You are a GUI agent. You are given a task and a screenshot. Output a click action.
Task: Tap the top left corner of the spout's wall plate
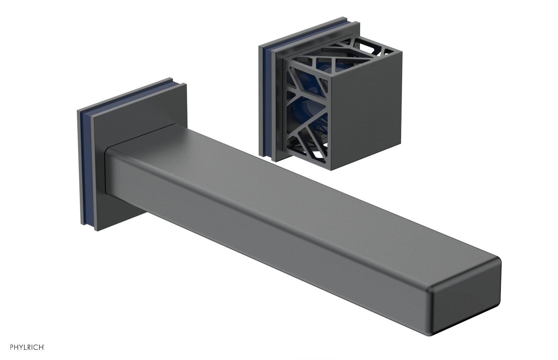point(78,111)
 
